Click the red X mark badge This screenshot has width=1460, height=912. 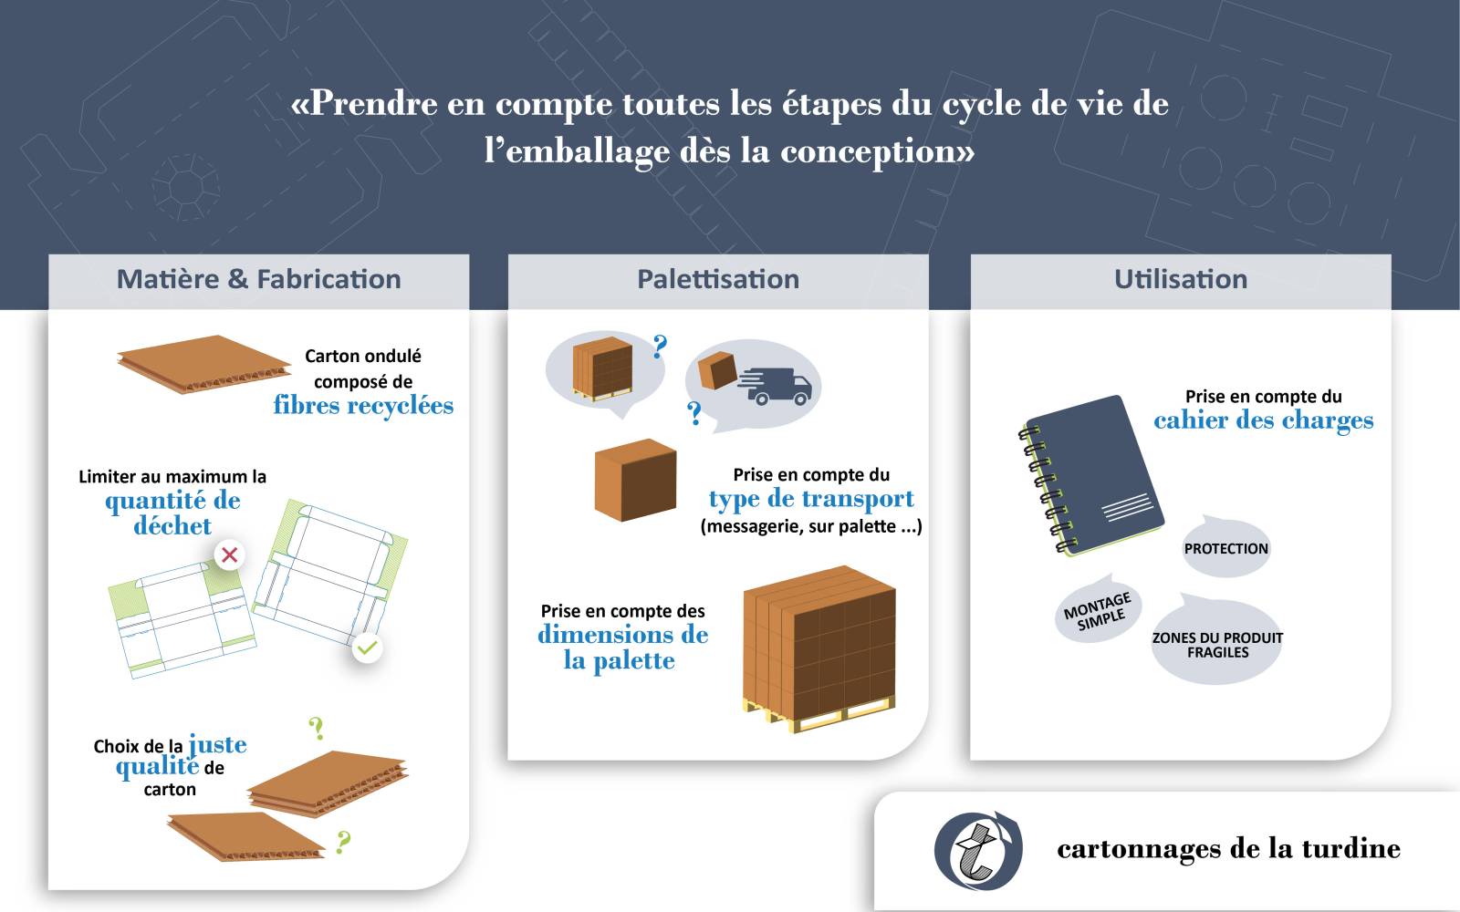tap(229, 555)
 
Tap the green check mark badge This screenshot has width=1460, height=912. tap(367, 648)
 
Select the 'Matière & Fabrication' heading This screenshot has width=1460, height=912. tap(259, 279)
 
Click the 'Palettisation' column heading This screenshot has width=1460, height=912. tap(717, 279)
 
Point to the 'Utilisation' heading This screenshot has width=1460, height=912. tap(1181, 279)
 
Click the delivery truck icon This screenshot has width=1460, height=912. tap(775, 387)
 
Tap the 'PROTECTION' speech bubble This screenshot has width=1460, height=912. tap(1226, 547)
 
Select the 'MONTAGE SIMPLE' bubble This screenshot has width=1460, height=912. tap(1099, 610)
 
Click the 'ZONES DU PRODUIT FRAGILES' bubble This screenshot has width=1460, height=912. tap(1217, 642)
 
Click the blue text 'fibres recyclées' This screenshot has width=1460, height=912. tap(363, 405)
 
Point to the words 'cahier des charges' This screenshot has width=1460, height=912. tap(1263, 420)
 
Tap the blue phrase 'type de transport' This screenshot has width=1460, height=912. tap(811, 499)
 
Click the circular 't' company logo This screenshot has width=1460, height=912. tap(977, 849)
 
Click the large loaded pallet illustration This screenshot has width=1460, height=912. tap(819, 648)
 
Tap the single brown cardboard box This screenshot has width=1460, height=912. tap(635, 480)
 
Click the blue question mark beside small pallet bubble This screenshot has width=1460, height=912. tap(660, 347)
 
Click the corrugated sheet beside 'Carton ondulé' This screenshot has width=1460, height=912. tap(204, 364)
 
